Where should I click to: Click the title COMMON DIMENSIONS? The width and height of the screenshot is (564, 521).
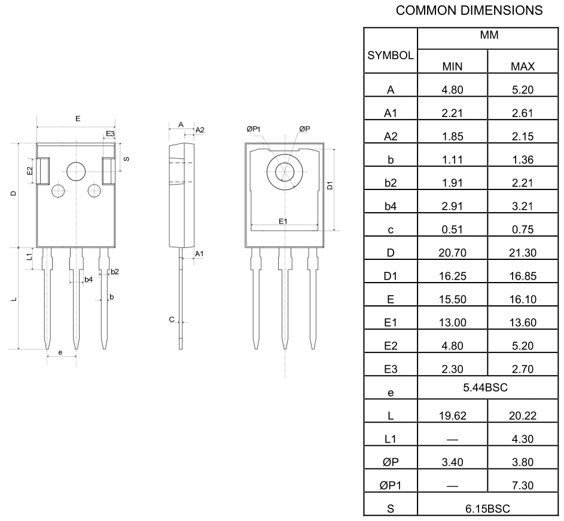pyautogui.click(x=469, y=10)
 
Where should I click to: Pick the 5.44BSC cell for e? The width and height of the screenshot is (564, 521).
pyautogui.click(x=485, y=388)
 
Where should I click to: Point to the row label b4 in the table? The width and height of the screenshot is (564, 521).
pyautogui.click(x=391, y=206)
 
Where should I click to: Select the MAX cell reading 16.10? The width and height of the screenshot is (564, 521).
pyautogui.click(x=522, y=299)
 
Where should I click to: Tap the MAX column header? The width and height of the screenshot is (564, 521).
pyautogui.click(x=522, y=66)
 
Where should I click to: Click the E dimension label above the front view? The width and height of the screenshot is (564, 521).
pyautogui.click(x=78, y=119)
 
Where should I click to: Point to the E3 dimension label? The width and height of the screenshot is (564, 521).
pyautogui.click(x=110, y=133)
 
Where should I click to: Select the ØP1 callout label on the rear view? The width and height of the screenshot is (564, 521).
pyautogui.click(x=254, y=128)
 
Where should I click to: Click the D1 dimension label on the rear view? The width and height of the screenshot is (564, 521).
pyautogui.click(x=331, y=186)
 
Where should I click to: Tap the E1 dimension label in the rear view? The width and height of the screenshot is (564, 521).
pyautogui.click(x=283, y=221)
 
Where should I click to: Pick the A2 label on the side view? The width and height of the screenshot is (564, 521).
pyautogui.click(x=200, y=130)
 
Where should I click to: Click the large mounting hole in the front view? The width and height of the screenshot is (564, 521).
pyautogui.click(x=77, y=171)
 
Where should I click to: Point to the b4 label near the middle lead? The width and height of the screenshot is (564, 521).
pyautogui.click(x=88, y=279)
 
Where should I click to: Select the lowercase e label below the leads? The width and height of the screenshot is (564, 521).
pyautogui.click(x=60, y=353)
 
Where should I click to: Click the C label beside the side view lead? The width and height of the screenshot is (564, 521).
pyautogui.click(x=172, y=320)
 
